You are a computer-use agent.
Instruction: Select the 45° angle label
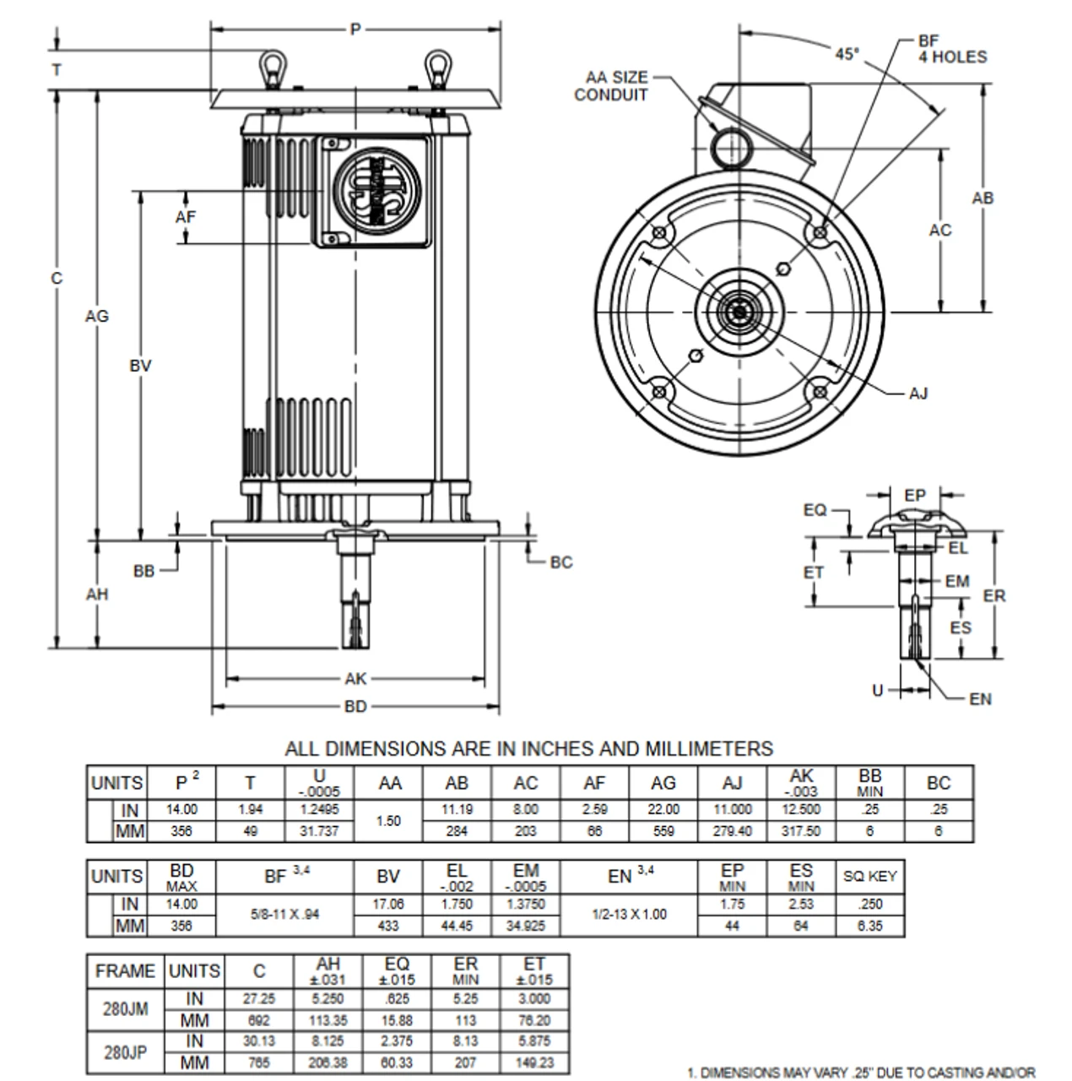coord(847,53)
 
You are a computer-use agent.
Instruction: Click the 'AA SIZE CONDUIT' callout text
coord(611,86)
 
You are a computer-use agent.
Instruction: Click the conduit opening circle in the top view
coord(729,147)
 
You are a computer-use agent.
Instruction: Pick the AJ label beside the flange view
coord(918,394)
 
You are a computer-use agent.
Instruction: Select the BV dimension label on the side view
coord(140,366)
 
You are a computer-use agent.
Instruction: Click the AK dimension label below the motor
coord(355,679)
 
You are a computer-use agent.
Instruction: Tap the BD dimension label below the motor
coord(355,706)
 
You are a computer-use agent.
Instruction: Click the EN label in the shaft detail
coord(980,699)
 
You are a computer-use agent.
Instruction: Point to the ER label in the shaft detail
coord(994,596)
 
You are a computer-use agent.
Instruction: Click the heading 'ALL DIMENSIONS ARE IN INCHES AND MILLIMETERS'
coord(528,748)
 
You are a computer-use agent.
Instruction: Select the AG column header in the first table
coord(663,783)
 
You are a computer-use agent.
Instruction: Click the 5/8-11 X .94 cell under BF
coord(284,915)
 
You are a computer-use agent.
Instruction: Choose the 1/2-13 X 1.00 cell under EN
coord(629,915)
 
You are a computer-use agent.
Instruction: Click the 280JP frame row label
coord(126,1052)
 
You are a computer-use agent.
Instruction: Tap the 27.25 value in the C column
coord(259,998)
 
